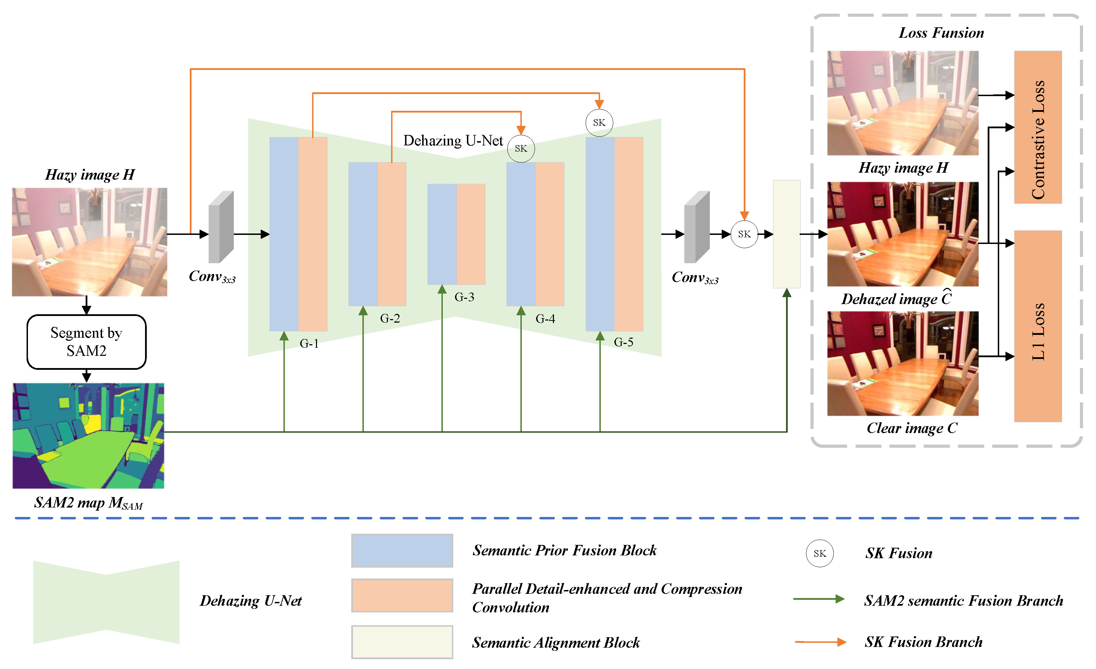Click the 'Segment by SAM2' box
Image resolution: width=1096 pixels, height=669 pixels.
[x=86, y=341]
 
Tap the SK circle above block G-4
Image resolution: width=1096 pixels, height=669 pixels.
[x=521, y=149]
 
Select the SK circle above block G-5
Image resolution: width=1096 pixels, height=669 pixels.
[x=599, y=123]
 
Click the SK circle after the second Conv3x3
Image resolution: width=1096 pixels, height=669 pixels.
[x=744, y=234]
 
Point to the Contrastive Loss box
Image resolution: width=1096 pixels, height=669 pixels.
[x=1038, y=127]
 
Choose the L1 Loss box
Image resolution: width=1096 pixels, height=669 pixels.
[x=1038, y=326]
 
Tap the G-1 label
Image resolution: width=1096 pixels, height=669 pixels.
[x=309, y=343]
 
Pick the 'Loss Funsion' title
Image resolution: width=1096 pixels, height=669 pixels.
[x=941, y=33]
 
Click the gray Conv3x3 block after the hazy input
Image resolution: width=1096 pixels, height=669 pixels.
[x=221, y=227]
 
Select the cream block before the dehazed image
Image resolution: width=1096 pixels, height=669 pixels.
[x=786, y=234]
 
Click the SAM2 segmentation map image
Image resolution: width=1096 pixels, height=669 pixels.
[x=88, y=436]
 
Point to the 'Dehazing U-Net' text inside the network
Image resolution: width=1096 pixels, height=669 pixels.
[x=453, y=141]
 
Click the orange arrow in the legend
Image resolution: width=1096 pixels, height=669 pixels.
[x=820, y=642]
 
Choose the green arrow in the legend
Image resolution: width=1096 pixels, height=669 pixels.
[x=819, y=599]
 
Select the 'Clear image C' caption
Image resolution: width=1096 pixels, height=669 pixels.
[x=912, y=428]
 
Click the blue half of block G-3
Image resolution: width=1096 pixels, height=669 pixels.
[x=442, y=234]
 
